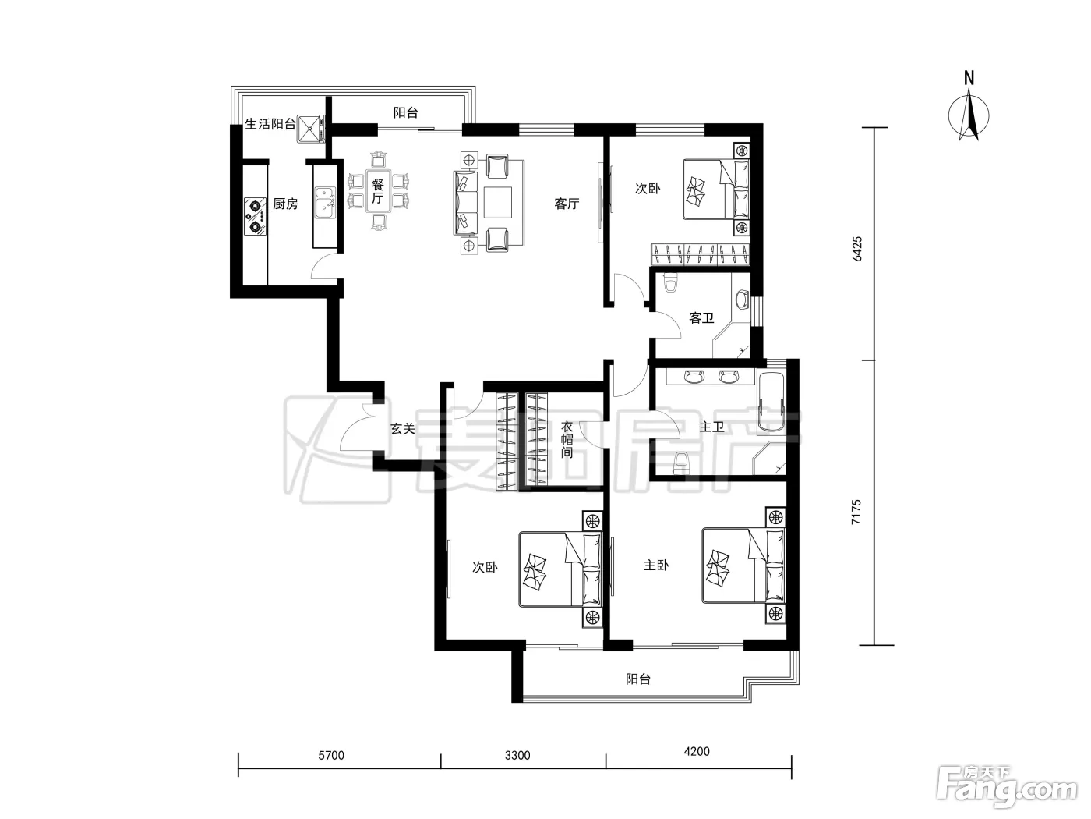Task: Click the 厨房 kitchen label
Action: click(x=285, y=204)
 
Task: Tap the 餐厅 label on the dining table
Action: click(x=378, y=191)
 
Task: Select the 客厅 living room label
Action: click(x=567, y=204)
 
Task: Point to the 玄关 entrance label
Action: click(x=403, y=428)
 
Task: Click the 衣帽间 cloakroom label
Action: click(x=567, y=440)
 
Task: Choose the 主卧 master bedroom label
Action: click(x=656, y=565)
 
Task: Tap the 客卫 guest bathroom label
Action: click(x=701, y=317)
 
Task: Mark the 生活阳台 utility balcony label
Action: click(x=270, y=124)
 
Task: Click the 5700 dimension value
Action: click(x=331, y=755)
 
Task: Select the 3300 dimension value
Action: click(x=517, y=755)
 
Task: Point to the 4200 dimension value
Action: click(x=697, y=751)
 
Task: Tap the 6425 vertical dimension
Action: click(x=857, y=249)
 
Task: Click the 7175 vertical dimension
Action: click(x=856, y=512)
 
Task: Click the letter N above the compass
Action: click(x=969, y=78)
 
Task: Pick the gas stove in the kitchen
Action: click(x=256, y=216)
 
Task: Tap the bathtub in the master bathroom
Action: click(x=771, y=402)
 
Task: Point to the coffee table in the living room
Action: click(x=497, y=202)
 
